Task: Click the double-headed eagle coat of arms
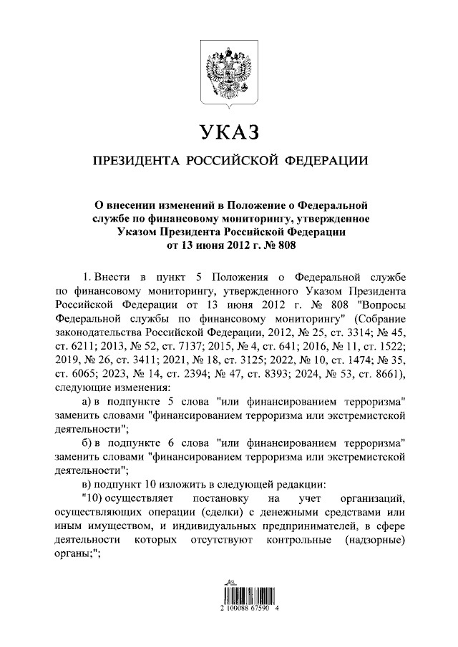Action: (x=228, y=72)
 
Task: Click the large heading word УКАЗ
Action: (x=228, y=133)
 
